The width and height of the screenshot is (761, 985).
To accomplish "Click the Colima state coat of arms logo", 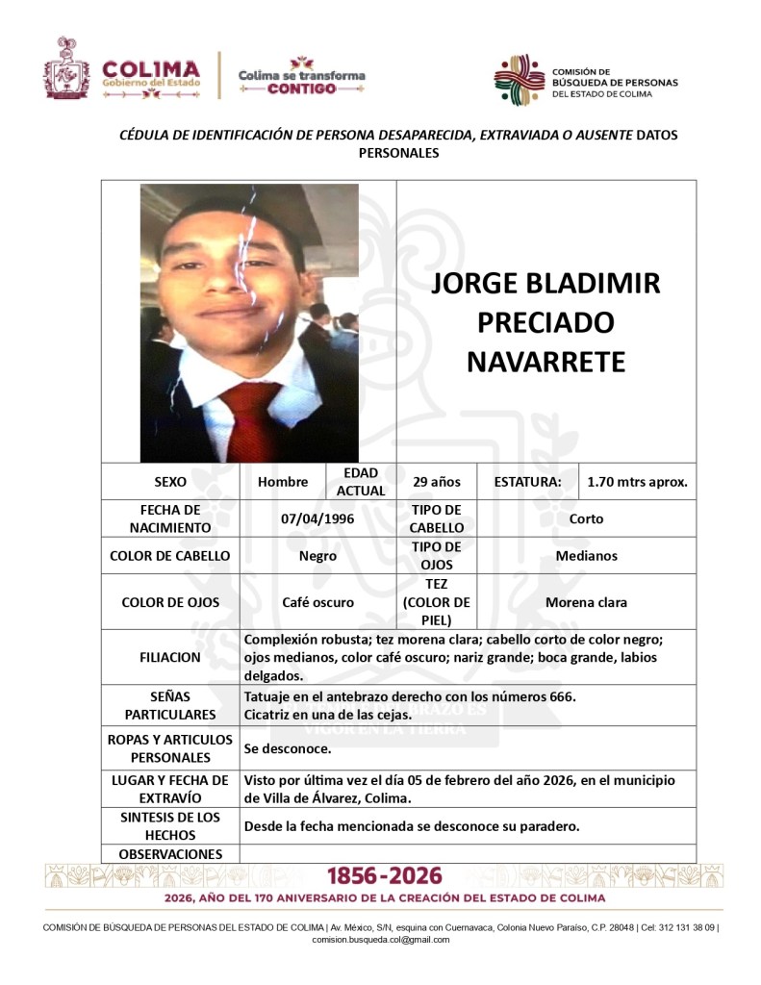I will tap(66, 68).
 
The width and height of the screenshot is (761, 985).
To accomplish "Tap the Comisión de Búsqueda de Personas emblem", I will tap(520, 80).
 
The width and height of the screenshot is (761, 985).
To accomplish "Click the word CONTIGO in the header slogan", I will tap(301, 88).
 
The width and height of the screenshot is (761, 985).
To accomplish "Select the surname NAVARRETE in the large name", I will tap(545, 362).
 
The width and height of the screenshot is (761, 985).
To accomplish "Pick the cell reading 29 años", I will tap(437, 482).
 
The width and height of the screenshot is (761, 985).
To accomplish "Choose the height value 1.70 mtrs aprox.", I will tap(638, 482).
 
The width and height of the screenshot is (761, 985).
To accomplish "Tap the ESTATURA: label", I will tap(527, 482).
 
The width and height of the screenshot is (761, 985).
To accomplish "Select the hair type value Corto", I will tap(586, 518).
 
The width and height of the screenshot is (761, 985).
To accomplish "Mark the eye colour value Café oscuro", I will tap(317, 602).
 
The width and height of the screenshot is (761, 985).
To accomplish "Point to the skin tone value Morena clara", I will tap(586, 602).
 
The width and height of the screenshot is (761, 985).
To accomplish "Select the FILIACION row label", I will tap(170, 658).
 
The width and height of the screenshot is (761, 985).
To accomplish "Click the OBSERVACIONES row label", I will tap(170, 854).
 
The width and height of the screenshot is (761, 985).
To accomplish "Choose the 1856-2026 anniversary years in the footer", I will tap(385, 876).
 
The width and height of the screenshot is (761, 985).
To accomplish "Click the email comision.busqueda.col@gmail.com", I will tap(381, 940).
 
